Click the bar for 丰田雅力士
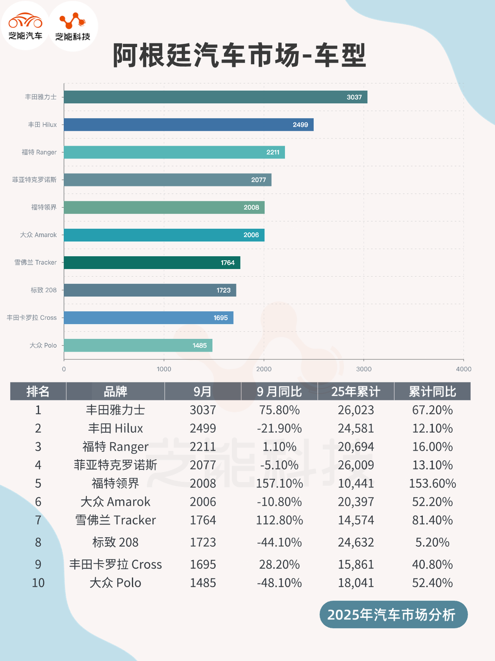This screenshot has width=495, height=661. pyautogui.click(x=215, y=97)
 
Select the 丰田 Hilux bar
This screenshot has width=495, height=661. pyautogui.click(x=188, y=124)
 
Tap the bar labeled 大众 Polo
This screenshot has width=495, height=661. pyautogui.click(x=138, y=345)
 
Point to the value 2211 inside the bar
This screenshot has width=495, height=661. pyautogui.click(x=273, y=152)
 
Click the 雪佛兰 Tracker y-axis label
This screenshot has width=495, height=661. pyautogui.click(x=36, y=262)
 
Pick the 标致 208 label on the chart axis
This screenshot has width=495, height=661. pyautogui.click(x=43, y=290)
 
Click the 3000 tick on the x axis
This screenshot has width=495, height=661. pyautogui.click(x=364, y=369)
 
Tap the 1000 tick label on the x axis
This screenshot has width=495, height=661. pyautogui.click(x=164, y=369)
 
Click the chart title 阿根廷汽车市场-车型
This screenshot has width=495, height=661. pyautogui.click(x=239, y=55)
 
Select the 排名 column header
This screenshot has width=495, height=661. pyautogui.click(x=38, y=391)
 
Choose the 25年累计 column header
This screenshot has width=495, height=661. pyautogui.click(x=356, y=391)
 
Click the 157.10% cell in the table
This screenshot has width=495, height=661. pyautogui.click(x=279, y=483)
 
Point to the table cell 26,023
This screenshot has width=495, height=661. pyautogui.click(x=356, y=410)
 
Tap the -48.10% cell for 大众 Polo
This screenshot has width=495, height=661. pyautogui.click(x=279, y=583)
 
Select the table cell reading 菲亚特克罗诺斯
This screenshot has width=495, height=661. pyautogui.click(x=115, y=465)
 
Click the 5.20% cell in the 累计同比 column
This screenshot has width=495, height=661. pyautogui.click(x=432, y=542)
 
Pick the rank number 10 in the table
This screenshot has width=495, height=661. pyautogui.click(x=38, y=583)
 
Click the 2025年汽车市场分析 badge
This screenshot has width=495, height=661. pyautogui.click(x=391, y=615)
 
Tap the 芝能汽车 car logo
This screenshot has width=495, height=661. pyautogui.click(x=25, y=26)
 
